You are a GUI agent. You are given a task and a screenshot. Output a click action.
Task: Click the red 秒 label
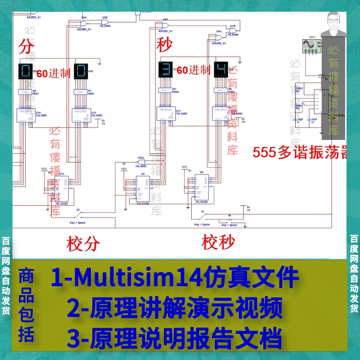click(x=164, y=45)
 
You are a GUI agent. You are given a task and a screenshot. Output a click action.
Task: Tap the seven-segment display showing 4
click(x=221, y=70)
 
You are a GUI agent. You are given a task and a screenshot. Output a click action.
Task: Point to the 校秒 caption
click(x=218, y=243)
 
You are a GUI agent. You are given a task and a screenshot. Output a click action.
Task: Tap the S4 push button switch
click(x=229, y=220)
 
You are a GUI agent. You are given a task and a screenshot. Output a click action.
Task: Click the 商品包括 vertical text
click(x=26, y=306)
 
